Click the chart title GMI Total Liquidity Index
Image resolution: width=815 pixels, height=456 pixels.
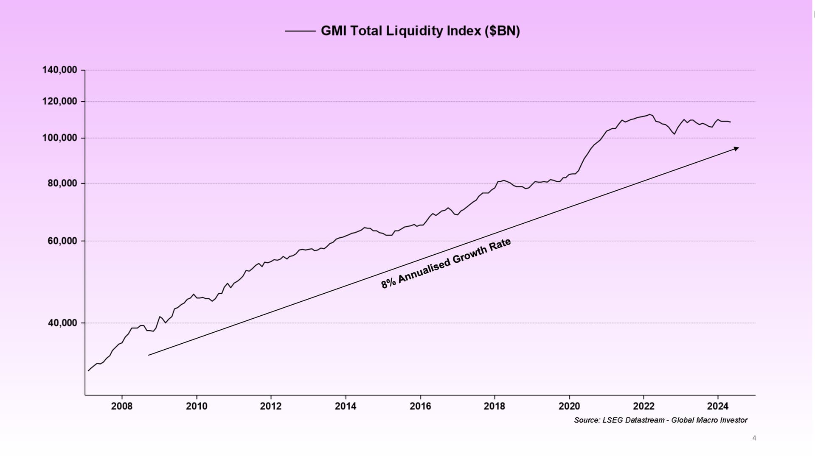pos(420,31)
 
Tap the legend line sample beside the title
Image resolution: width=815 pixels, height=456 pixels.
pos(300,31)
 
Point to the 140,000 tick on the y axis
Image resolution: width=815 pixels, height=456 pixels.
pos(60,70)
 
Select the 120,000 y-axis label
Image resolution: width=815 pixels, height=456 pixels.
pos(60,101)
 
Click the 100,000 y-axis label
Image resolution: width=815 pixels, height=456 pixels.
pos(60,138)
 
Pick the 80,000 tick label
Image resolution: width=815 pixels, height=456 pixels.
pos(62,184)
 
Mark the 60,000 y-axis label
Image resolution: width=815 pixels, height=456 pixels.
pos(62,241)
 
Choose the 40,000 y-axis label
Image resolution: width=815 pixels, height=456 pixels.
pos(62,323)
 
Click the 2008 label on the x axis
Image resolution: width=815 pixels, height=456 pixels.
pos(122,406)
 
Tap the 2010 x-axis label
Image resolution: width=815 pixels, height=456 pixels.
pos(197,406)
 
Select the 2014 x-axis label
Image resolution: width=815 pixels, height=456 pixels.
pos(346,406)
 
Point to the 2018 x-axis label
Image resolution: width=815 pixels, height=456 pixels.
pos(495,406)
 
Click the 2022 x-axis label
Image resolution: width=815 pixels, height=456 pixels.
pos(644,406)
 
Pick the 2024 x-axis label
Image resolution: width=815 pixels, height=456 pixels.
pos(718,406)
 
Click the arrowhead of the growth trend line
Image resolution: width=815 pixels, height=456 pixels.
pos(736,148)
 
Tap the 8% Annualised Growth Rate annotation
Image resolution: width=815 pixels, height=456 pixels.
pos(446,264)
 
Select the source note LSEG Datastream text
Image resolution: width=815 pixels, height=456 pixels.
pos(660,420)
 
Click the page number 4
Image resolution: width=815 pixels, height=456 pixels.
pos(754,438)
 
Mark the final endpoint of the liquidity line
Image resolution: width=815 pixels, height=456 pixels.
pos(731,122)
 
